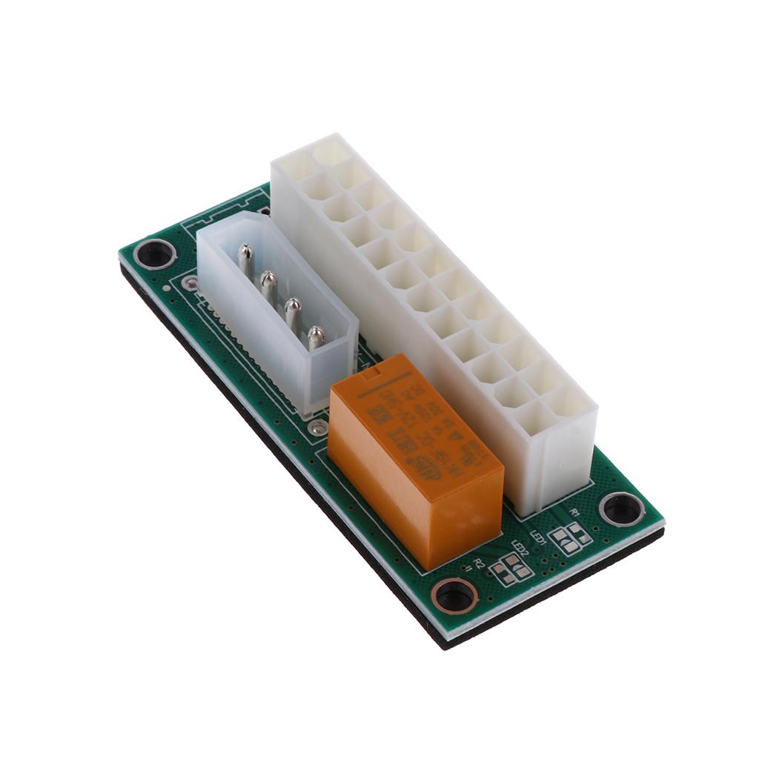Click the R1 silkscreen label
574,512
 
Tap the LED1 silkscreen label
539,536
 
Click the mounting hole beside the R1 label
621,508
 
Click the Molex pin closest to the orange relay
316,337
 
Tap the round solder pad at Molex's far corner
190,282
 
